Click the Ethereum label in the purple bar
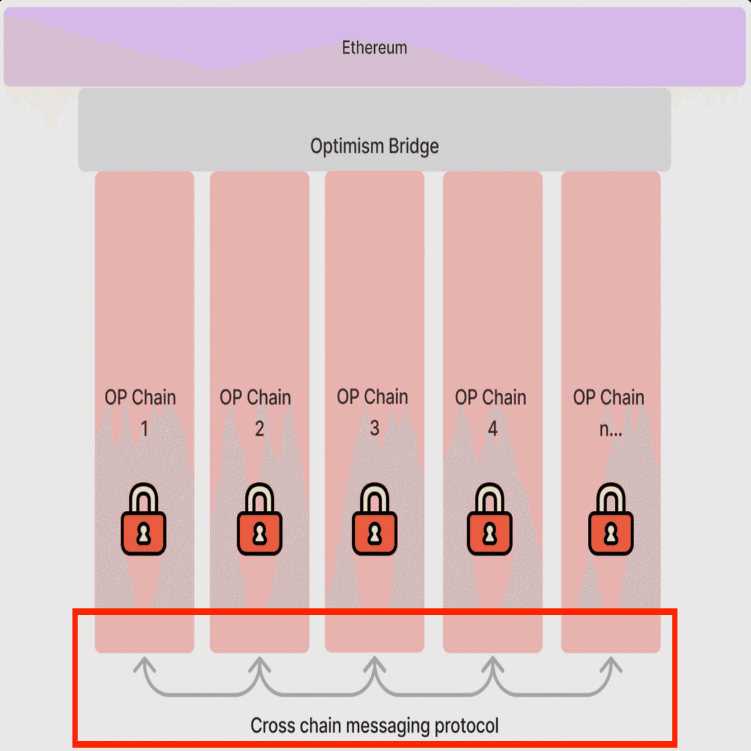(374, 48)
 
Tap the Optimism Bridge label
(374, 146)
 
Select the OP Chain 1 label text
(141, 411)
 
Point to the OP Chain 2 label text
(255, 411)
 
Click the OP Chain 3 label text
(373, 411)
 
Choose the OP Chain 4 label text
(491, 411)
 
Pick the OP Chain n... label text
(609, 411)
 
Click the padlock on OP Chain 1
(143, 520)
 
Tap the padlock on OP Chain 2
(259, 520)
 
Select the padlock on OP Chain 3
(375, 520)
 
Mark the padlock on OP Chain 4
(490, 520)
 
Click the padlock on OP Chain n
(611, 520)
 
